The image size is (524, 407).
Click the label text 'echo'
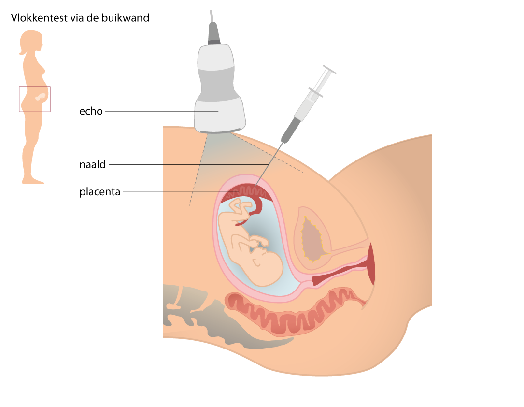tap(91, 111)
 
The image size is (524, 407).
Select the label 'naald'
tap(93, 164)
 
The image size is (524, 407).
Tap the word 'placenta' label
tap(99, 192)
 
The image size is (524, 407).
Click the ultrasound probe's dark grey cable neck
tap(214, 33)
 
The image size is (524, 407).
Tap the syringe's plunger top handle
tap(329, 69)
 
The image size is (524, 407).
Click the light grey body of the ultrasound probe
tap(219, 88)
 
